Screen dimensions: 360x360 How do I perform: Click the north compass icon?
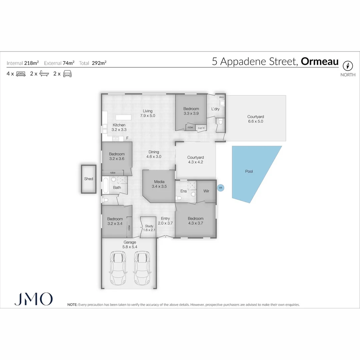(348, 65)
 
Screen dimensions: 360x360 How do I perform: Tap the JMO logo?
(33, 299)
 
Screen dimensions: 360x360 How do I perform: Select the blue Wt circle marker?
(220, 188)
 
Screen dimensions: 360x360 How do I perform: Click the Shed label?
(89, 179)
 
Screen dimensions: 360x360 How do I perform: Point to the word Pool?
(249, 171)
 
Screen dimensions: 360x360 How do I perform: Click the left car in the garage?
(117, 268)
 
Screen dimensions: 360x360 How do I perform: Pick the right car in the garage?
(142, 268)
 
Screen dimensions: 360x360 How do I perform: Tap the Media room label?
(159, 184)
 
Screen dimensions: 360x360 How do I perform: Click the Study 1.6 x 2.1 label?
(149, 228)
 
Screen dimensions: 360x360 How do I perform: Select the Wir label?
(206, 191)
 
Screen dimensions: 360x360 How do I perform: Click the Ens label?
(184, 191)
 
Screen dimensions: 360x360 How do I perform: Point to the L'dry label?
(215, 109)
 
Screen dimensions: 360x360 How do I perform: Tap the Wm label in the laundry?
(221, 97)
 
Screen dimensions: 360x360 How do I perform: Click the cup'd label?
(201, 128)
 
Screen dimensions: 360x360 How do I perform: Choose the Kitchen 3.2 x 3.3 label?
(119, 127)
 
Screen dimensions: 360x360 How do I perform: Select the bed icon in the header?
(21, 74)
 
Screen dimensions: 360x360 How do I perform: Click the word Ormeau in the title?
(320, 62)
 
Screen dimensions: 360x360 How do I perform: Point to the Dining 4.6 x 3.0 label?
(154, 154)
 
